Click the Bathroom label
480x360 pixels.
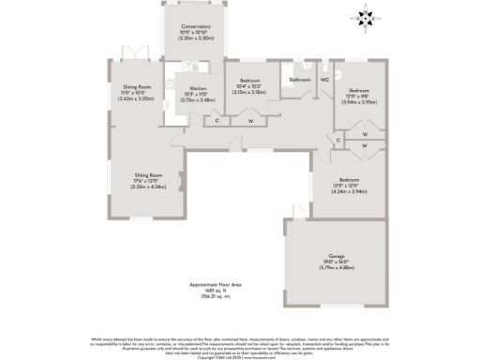(x=299, y=81)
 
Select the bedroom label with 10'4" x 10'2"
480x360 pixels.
(x=248, y=81)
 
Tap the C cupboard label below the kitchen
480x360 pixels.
(x=217, y=120)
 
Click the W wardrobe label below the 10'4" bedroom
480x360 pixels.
(x=249, y=120)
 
